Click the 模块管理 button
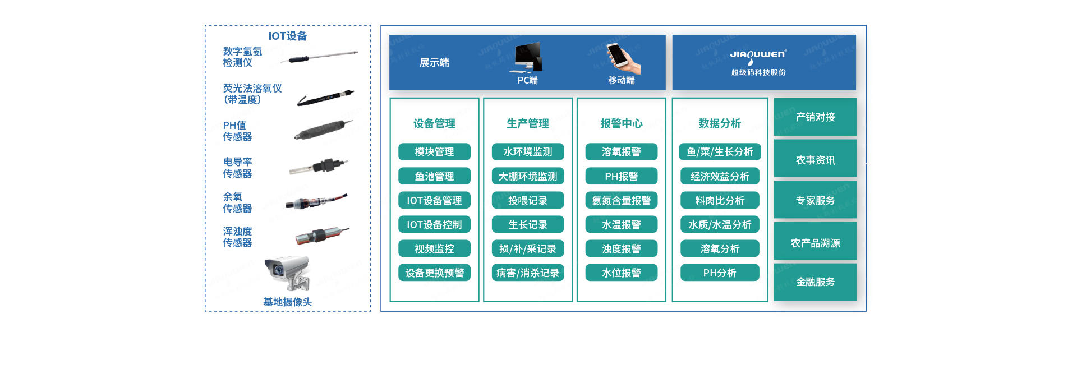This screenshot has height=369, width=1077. click(x=434, y=152)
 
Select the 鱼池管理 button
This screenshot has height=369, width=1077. click(x=434, y=176)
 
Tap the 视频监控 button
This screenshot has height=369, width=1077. click(x=434, y=248)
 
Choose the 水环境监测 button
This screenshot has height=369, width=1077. click(x=528, y=152)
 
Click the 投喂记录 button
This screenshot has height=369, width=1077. click(x=528, y=200)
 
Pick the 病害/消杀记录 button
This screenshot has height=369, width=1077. click(x=528, y=273)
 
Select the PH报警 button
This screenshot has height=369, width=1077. click(x=622, y=176)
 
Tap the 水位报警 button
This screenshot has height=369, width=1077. click(x=622, y=273)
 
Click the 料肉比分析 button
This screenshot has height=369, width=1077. click(x=720, y=200)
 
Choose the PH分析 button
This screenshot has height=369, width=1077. click(x=720, y=273)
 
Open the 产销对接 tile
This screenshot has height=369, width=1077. click(x=816, y=117)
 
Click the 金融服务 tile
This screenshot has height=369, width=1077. click(x=816, y=282)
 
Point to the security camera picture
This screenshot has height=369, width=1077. click(x=288, y=273)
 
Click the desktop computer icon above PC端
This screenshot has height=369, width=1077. click(x=526, y=58)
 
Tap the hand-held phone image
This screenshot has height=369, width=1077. click(x=623, y=58)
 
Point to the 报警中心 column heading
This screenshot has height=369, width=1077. click(x=622, y=123)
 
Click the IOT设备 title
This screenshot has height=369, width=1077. click(x=288, y=36)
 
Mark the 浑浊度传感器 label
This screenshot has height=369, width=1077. click(x=238, y=237)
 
